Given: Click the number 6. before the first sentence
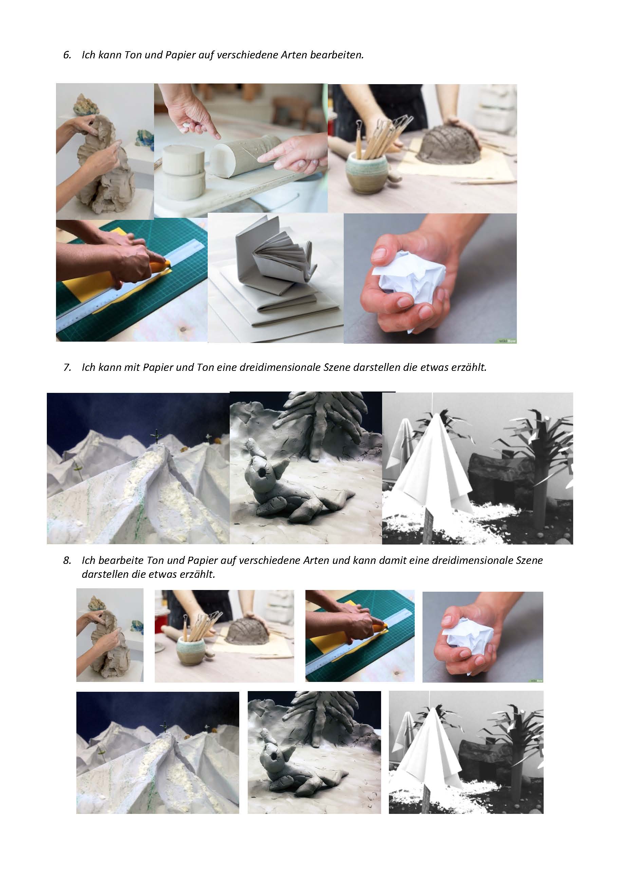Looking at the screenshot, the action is (x=67, y=55).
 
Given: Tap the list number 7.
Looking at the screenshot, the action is (x=67, y=367).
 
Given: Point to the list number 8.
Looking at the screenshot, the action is (x=67, y=560).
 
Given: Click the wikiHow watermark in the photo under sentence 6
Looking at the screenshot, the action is (x=507, y=340).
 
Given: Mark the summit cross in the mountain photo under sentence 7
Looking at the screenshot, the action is (x=156, y=436).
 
